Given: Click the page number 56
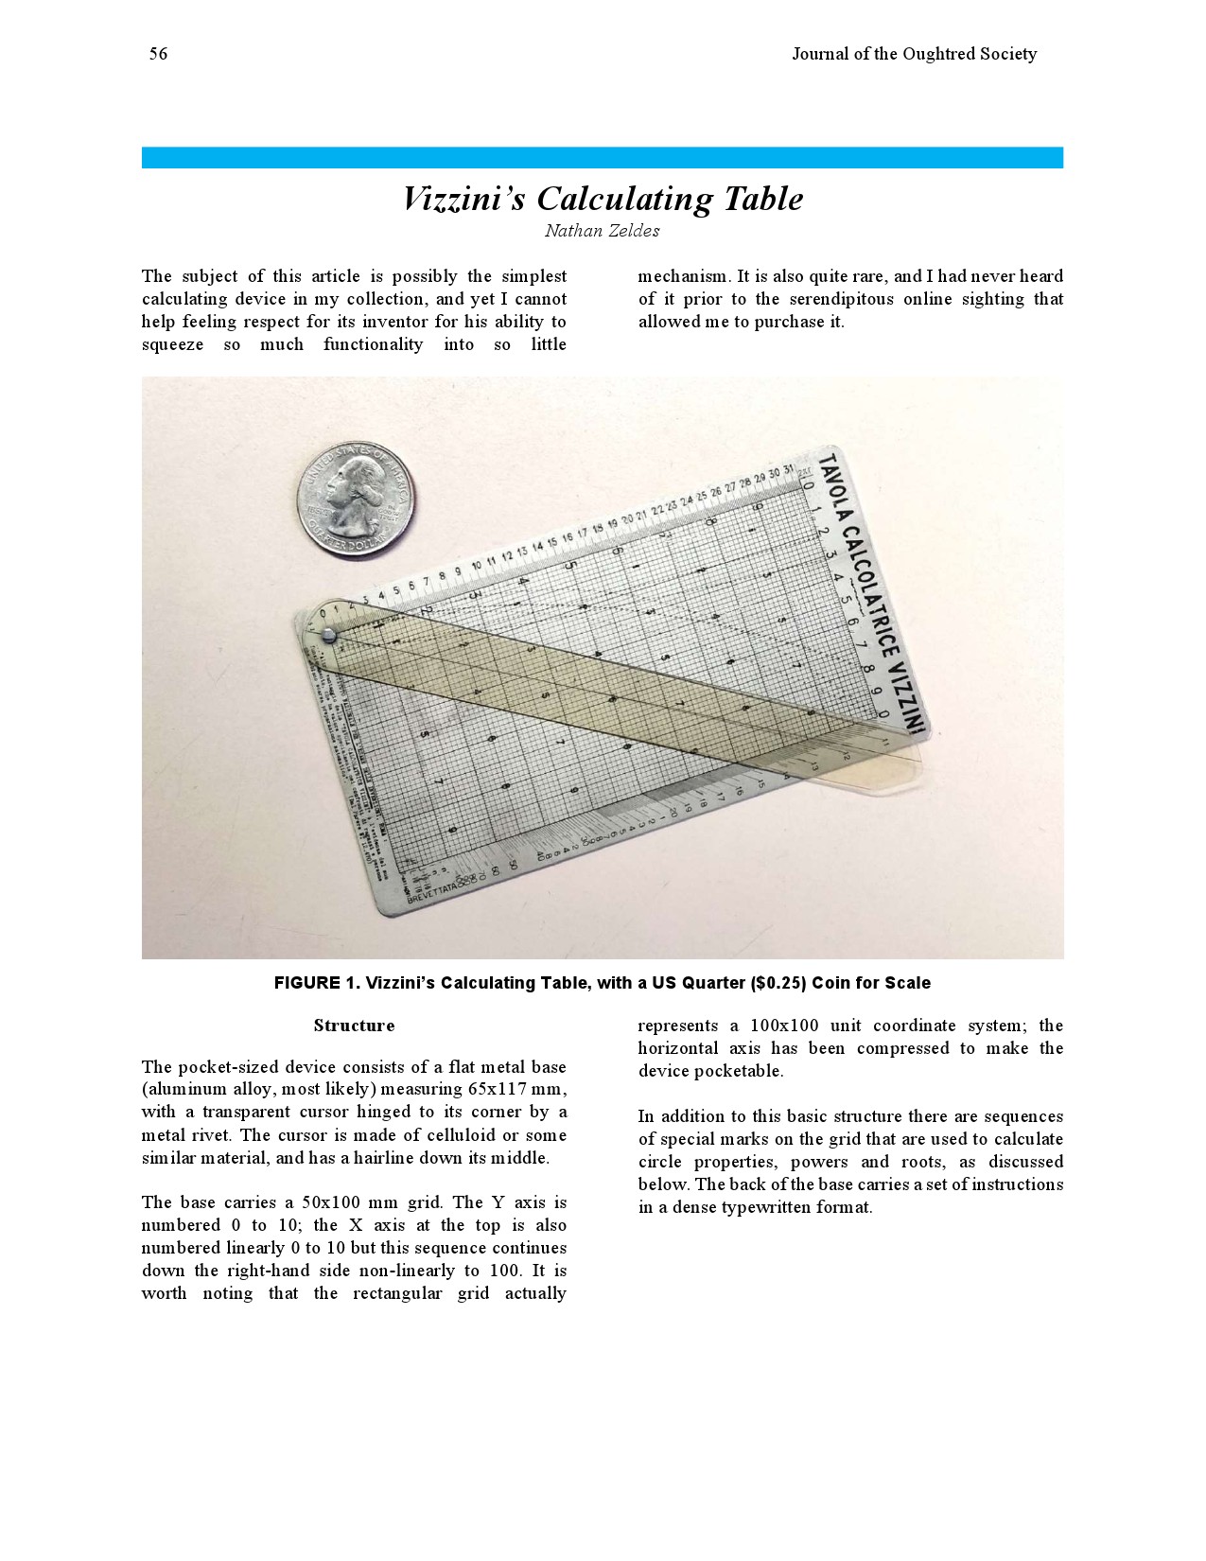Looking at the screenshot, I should tap(158, 54).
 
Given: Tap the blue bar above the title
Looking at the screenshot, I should tap(602, 157).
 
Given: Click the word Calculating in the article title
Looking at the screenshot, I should tap(625, 199).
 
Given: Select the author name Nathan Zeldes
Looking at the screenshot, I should tap(602, 231).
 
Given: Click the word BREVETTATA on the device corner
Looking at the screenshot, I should tap(431, 892).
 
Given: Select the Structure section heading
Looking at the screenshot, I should tap(354, 1026).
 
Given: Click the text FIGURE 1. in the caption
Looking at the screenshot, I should tap(316, 983).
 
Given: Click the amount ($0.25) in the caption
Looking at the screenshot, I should tap(778, 983).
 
